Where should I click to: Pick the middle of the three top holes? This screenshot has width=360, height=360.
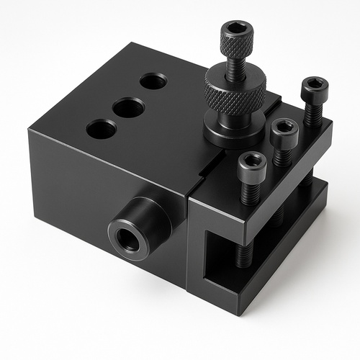pos(128,108)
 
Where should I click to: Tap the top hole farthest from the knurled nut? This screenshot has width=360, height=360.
pos(102,130)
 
